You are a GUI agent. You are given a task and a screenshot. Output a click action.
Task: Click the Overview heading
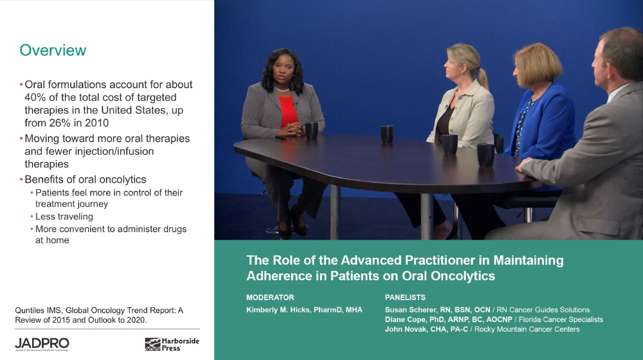click(x=53, y=50)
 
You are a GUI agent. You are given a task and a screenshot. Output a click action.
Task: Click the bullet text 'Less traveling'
click(x=64, y=217)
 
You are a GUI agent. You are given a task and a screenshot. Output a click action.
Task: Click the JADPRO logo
click(x=42, y=344)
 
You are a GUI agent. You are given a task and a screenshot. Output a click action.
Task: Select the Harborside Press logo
click(x=172, y=344)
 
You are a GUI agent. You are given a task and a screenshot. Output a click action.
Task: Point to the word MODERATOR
click(x=270, y=298)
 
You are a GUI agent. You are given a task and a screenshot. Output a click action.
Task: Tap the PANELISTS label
click(x=405, y=298)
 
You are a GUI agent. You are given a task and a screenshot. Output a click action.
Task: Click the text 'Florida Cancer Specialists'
click(x=561, y=319)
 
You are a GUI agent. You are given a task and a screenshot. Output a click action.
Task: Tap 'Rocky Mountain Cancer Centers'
click(x=527, y=329)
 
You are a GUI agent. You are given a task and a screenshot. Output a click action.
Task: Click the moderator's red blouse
click(x=288, y=111)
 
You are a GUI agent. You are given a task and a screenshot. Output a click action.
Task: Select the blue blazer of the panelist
click(x=541, y=122)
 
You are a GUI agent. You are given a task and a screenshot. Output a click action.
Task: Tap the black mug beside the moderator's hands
click(x=312, y=130)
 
